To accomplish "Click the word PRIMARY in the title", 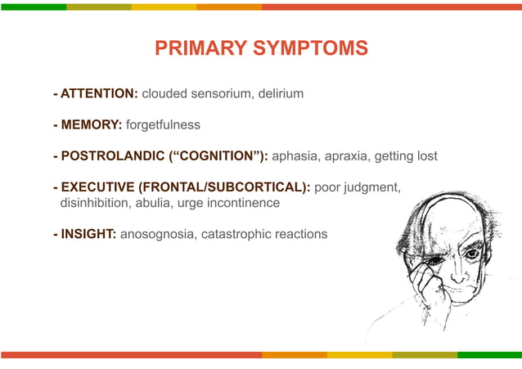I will (x=192, y=49).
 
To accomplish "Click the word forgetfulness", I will (x=163, y=125).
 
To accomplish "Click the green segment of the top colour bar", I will (x=33, y=6).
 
